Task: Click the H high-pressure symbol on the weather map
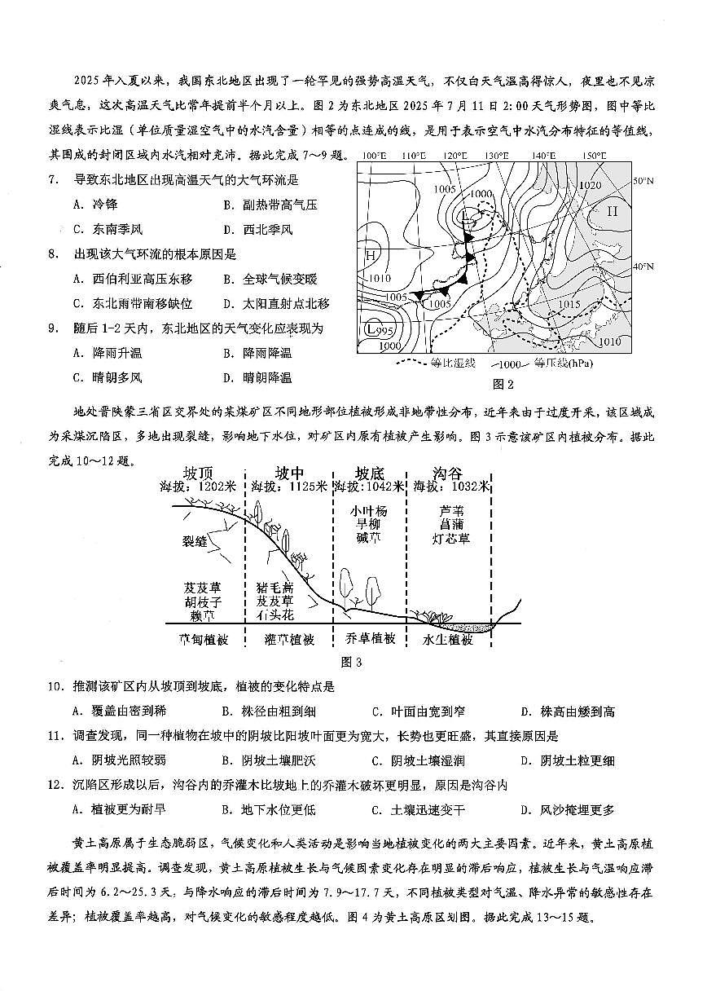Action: click(370, 254)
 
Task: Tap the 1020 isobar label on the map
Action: click(589, 185)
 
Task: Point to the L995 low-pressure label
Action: click(379, 329)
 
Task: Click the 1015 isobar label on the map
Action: click(570, 304)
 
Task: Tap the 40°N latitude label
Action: click(643, 266)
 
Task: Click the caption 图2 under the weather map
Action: click(503, 385)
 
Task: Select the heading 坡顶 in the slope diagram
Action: click(199, 474)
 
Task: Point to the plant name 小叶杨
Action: click(369, 511)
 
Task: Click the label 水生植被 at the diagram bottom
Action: click(447, 640)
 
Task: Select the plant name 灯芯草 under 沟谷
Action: click(452, 539)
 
